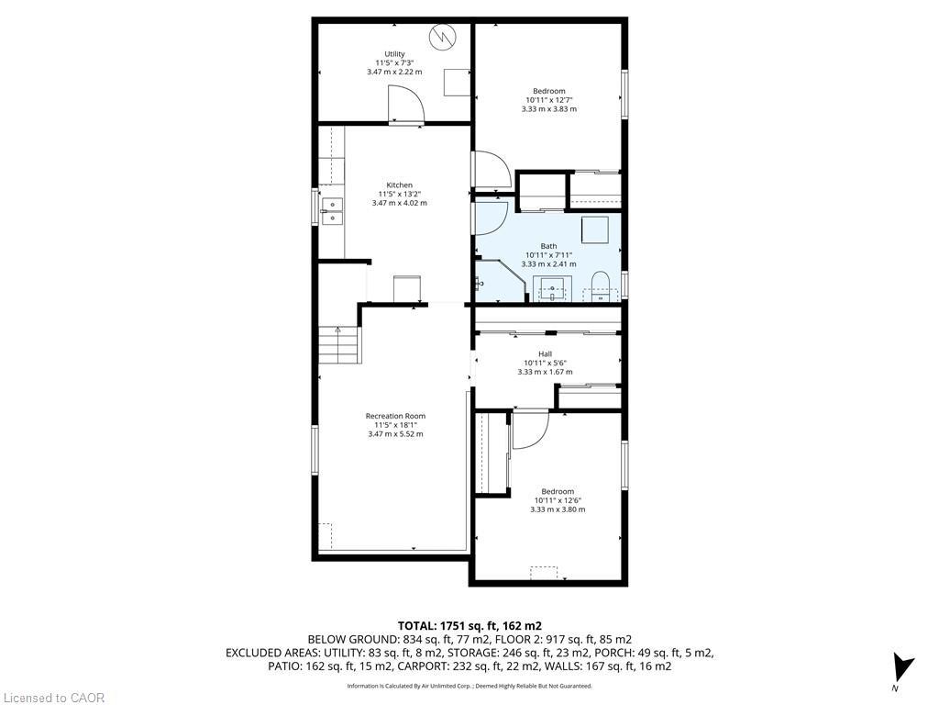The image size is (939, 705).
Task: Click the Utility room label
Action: click(394, 54)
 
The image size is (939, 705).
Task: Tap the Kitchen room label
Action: click(399, 185)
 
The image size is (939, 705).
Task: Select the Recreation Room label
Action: click(395, 416)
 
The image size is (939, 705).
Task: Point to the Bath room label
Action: click(548, 246)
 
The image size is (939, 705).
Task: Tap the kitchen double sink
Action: click(331, 211)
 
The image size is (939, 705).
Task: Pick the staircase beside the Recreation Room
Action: click(338, 347)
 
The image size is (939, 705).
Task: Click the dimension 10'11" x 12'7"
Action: click(548, 100)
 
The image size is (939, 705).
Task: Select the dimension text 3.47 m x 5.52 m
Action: click(395, 434)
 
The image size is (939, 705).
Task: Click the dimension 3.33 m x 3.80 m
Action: click(557, 509)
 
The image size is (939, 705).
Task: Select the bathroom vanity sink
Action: click(554, 290)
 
